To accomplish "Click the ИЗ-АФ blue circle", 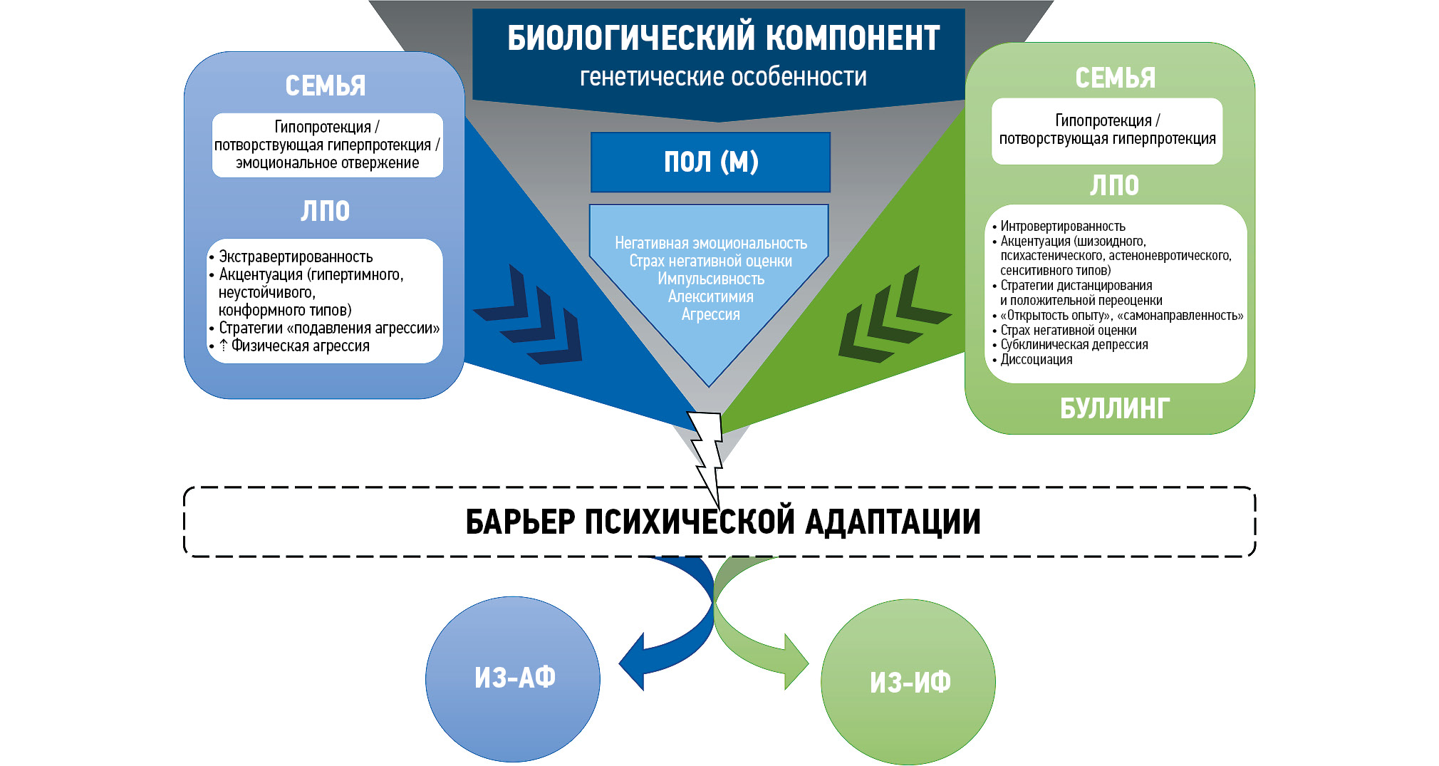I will (x=513, y=678).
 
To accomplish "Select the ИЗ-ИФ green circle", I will (x=909, y=683).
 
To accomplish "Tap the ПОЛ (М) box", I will (x=710, y=162).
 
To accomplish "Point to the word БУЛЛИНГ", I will (x=1114, y=409).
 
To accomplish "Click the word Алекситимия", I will (x=710, y=296).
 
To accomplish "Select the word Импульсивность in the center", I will (x=710, y=279).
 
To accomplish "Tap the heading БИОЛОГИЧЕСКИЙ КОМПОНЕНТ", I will (x=723, y=38).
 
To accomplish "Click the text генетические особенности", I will (x=723, y=77).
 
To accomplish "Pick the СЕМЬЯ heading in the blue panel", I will (x=326, y=86).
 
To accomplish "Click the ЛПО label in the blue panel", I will (x=326, y=212).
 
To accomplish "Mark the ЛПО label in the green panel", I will (x=1114, y=186).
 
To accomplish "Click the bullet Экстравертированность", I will (x=296, y=257).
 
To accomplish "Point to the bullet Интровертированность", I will (x=1062, y=227).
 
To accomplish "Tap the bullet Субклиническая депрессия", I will (x=1074, y=345).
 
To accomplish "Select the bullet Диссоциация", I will (x=1036, y=360).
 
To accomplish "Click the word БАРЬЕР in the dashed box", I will (x=520, y=522).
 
